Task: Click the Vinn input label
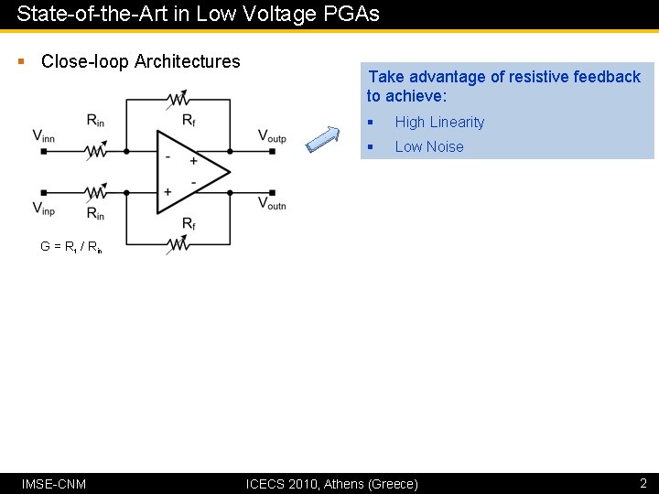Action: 44,136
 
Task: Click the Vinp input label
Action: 44,209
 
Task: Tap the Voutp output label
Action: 272,136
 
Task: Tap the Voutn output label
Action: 272,204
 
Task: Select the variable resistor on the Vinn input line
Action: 96,151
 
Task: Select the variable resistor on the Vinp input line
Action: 96,192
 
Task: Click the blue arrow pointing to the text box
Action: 321,137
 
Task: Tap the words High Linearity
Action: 439,123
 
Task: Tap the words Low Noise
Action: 428,147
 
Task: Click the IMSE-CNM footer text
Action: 54,483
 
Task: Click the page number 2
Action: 643,482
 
